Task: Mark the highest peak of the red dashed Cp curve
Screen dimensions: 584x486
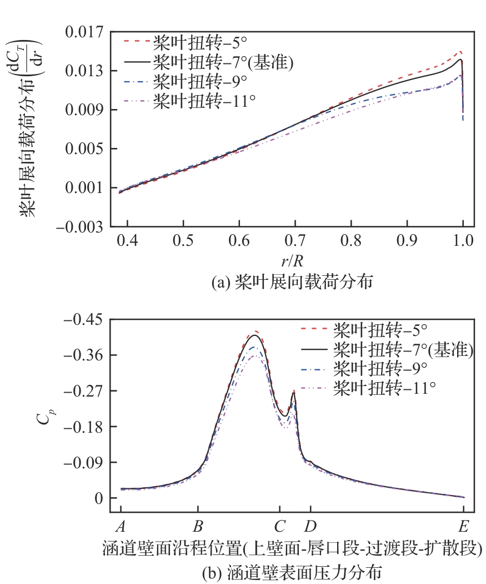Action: pos(255,331)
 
